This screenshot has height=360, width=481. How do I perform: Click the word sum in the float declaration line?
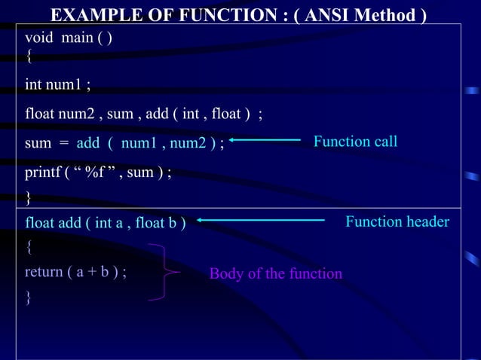[121, 114]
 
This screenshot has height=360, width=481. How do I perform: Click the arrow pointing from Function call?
[265, 139]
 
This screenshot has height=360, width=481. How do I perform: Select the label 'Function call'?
[355, 142]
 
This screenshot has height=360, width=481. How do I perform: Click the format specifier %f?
[95, 173]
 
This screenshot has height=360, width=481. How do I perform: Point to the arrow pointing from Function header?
[261, 220]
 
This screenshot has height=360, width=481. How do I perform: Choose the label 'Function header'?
[397, 221]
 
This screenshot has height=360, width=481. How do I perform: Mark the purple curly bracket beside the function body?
[168, 272]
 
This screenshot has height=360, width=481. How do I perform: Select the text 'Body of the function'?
[275, 273]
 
